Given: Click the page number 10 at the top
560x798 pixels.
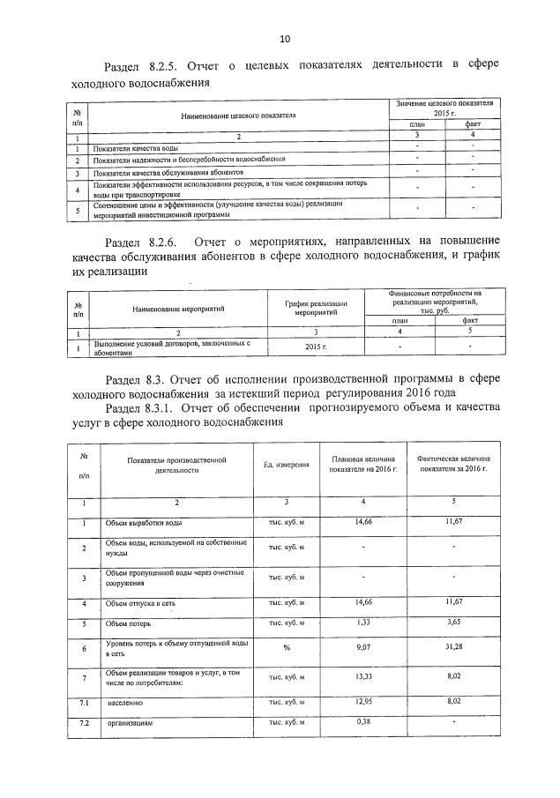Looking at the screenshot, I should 284,38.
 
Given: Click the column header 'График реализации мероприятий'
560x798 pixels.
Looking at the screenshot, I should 315,307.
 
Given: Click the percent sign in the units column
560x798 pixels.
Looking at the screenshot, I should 286,650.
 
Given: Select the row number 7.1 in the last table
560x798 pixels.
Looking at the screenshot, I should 85,703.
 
